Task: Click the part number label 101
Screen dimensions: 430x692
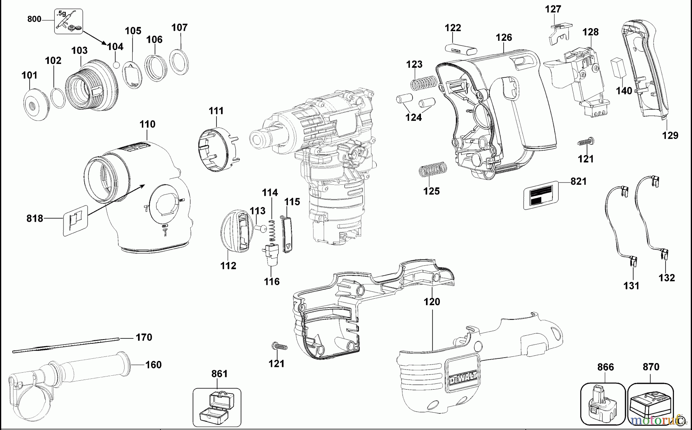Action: [29, 75]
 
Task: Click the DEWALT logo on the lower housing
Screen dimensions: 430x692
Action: [463, 375]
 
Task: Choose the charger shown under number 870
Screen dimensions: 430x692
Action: [651, 404]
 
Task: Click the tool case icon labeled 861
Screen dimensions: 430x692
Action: [216, 408]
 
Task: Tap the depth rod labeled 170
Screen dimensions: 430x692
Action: [65, 345]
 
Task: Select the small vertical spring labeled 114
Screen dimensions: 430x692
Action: [273, 231]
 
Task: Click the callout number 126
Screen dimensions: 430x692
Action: [504, 37]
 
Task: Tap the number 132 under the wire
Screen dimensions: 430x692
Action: [666, 278]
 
